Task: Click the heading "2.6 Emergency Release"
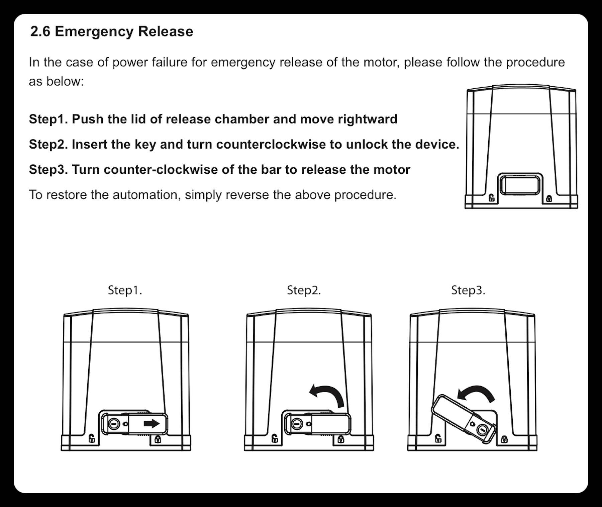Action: point(112,31)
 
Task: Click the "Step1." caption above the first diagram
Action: point(125,290)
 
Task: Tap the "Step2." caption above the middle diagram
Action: point(304,290)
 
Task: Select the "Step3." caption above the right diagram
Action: point(468,290)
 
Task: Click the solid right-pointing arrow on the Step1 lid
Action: point(152,424)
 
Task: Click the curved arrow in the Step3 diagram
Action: point(477,394)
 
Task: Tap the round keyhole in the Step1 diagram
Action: point(114,424)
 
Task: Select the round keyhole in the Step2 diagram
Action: point(297,424)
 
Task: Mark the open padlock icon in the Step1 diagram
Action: point(92,438)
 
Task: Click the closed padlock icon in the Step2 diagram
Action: point(341,439)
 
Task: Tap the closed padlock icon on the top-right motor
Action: point(549,198)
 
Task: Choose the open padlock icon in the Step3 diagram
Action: point(438,438)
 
